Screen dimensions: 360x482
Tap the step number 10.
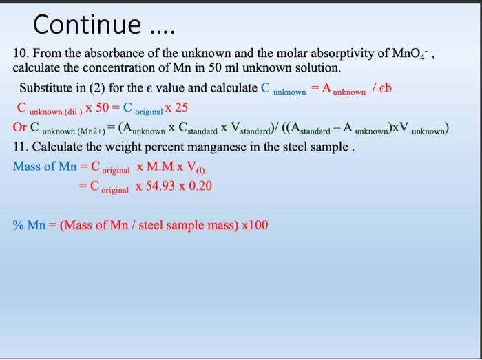click(x=21, y=53)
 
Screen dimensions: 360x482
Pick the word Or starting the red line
click(x=20, y=127)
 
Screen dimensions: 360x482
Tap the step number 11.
click(x=21, y=147)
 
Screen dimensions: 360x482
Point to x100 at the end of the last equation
click(x=253, y=226)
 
